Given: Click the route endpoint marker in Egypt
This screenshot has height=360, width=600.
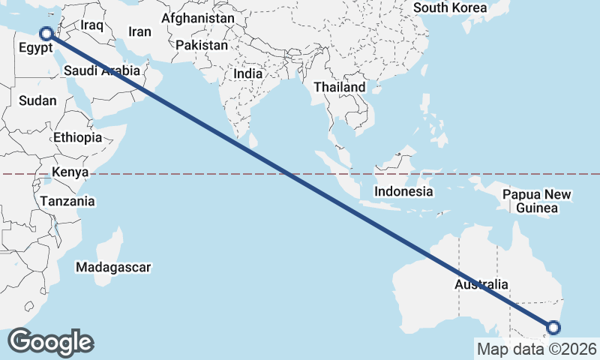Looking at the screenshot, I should pyautogui.click(x=46, y=34).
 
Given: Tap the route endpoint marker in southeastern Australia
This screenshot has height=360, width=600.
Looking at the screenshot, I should pyautogui.click(x=553, y=327).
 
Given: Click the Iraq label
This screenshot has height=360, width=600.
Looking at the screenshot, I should pyautogui.click(x=91, y=25).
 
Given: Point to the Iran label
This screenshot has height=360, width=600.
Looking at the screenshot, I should pyautogui.click(x=139, y=31).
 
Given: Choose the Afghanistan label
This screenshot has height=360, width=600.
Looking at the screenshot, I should pyautogui.click(x=197, y=17).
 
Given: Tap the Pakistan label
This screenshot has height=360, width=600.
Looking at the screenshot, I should pyautogui.click(x=201, y=45).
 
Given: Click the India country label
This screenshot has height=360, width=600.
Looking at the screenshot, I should pyautogui.click(x=247, y=73).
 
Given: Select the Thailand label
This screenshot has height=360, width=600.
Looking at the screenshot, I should pyautogui.click(x=339, y=87).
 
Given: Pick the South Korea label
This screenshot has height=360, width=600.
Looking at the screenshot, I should pyautogui.click(x=450, y=8).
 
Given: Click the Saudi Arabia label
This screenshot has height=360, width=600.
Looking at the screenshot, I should pyautogui.click(x=102, y=70).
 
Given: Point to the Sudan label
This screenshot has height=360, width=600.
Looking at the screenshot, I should pyautogui.click(x=37, y=100).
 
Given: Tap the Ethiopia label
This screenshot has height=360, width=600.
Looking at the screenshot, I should pyautogui.click(x=77, y=138).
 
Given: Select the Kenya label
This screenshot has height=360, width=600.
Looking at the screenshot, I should pyautogui.click(x=70, y=172).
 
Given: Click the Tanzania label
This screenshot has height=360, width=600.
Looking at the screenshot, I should pyautogui.click(x=67, y=201).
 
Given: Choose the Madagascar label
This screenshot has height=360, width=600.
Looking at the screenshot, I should pyautogui.click(x=114, y=267).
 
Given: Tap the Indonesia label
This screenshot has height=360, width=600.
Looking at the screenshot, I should pyautogui.click(x=404, y=191).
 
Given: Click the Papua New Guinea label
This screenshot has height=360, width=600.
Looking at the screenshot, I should pyautogui.click(x=537, y=201).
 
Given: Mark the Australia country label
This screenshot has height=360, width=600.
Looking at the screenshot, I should pyautogui.click(x=481, y=285).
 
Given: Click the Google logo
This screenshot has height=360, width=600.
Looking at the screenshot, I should pyautogui.click(x=50, y=342).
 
